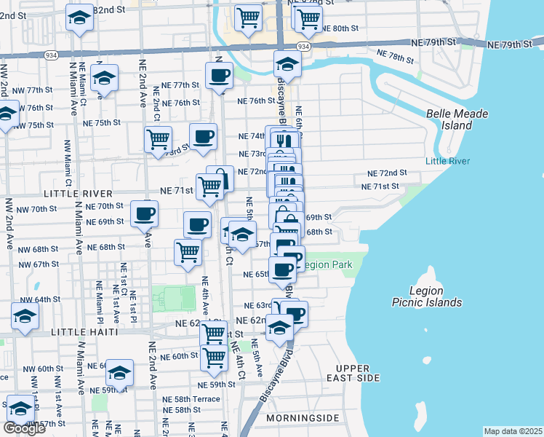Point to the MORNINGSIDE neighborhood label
click(303, 418)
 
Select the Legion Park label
click(327, 264)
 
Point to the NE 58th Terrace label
click(191, 399)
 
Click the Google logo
click(24, 428)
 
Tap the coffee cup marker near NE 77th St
click(219, 75)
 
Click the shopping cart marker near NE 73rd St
click(158, 138)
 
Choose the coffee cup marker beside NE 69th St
click(144, 213)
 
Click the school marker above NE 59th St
click(119, 373)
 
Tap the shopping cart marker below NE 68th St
click(188, 252)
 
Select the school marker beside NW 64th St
click(25, 316)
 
